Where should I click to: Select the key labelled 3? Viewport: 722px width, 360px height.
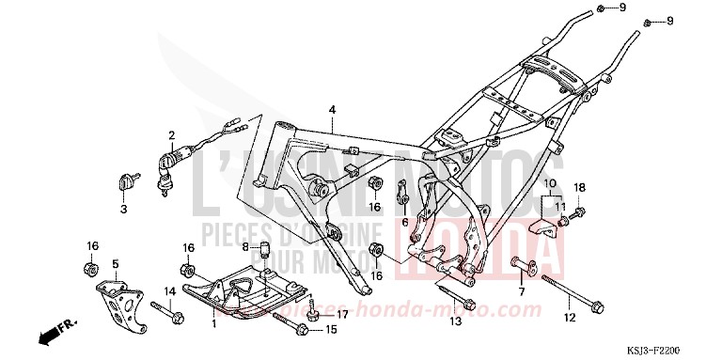coord(123,210)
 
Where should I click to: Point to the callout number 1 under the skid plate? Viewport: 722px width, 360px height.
coord(215,324)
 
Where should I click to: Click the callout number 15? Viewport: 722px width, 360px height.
coord(330,330)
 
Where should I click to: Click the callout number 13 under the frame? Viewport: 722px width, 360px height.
coord(454,321)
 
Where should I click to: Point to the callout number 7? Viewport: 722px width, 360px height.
coord(521,292)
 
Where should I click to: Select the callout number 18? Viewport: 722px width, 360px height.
coord(580,187)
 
